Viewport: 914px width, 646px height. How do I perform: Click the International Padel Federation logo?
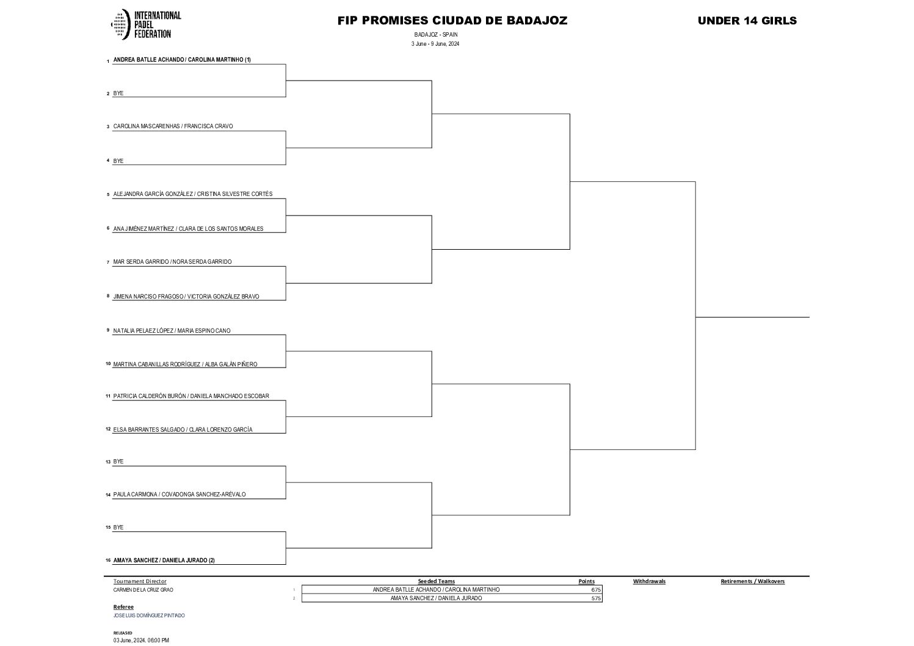pos(145,24)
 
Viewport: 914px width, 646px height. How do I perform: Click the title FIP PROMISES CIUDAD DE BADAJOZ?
pos(452,21)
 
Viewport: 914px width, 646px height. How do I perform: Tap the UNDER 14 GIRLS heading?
pos(747,21)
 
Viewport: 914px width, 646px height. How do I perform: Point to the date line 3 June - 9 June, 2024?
pos(435,44)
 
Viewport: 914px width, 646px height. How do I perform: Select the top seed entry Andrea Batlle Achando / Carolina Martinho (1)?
pos(182,60)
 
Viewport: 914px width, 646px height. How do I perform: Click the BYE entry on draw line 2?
pos(118,93)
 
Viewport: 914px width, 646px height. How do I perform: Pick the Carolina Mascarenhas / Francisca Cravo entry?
pos(173,126)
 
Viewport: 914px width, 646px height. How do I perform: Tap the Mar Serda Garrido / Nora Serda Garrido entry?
pos(172,262)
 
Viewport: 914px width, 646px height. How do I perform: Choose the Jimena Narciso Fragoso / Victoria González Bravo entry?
pos(186,297)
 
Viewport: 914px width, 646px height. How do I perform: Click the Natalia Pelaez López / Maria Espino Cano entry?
pos(172,331)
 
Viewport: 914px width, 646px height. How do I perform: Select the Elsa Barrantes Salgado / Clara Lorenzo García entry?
pos(183,430)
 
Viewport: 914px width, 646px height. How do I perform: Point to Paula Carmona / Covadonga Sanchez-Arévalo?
pos(180,495)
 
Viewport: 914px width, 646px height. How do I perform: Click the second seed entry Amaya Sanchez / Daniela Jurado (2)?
pos(164,561)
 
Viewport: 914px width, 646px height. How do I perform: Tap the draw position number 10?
pos(108,364)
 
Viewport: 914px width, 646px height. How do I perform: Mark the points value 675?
pos(596,590)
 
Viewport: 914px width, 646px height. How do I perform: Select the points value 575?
pos(596,598)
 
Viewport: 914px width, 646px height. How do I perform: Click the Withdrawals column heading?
pos(649,581)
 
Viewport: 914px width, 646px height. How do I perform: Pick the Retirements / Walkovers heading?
pos(752,581)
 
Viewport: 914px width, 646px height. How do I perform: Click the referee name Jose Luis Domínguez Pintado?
pos(149,615)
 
